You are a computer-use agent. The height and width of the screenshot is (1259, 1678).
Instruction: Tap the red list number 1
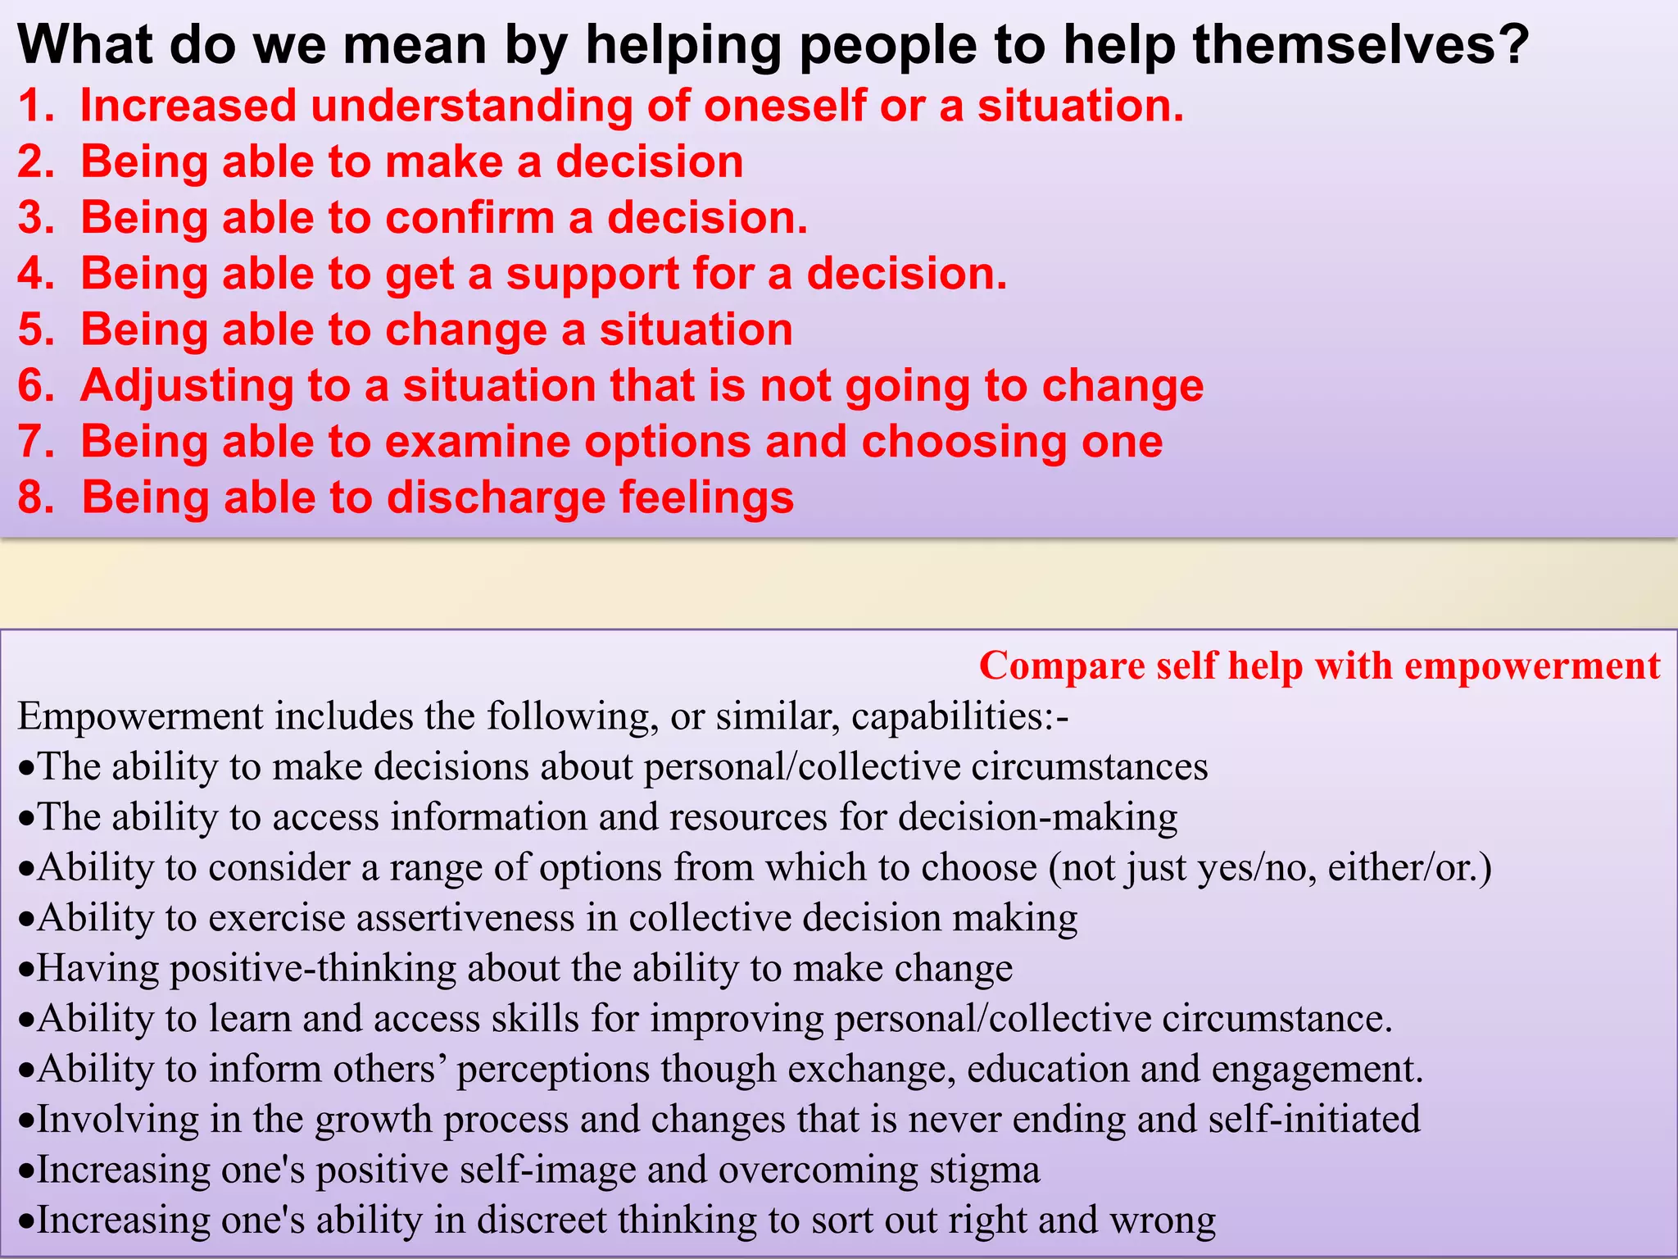click(x=31, y=107)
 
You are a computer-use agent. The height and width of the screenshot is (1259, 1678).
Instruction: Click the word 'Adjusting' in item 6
click(x=187, y=386)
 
